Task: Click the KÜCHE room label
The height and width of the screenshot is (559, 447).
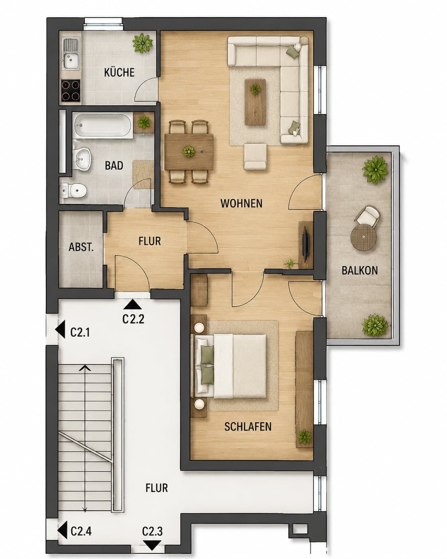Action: click(x=120, y=73)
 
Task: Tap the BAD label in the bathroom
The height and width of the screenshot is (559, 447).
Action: click(x=114, y=165)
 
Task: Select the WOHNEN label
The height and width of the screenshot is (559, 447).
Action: click(x=241, y=203)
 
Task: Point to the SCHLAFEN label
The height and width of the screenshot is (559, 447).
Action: click(x=248, y=427)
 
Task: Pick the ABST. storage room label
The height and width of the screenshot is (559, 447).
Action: click(x=81, y=247)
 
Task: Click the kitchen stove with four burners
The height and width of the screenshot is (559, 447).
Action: click(x=71, y=90)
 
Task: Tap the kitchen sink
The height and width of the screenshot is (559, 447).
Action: click(x=71, y=53)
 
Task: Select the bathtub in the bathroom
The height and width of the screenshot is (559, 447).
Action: click(x=103, y=126)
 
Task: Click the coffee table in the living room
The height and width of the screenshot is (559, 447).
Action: click(x=255, y=102)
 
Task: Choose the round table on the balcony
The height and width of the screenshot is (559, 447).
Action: click(x=364, y=237)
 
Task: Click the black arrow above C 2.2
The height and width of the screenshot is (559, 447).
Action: click(x=133, y=304)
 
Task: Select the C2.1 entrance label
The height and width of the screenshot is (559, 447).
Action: click(x=80, y=332)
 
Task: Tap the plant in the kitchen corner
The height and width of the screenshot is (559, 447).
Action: click(x=142, y=43)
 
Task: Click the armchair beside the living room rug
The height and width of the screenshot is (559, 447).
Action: click(x=255, y=157)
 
